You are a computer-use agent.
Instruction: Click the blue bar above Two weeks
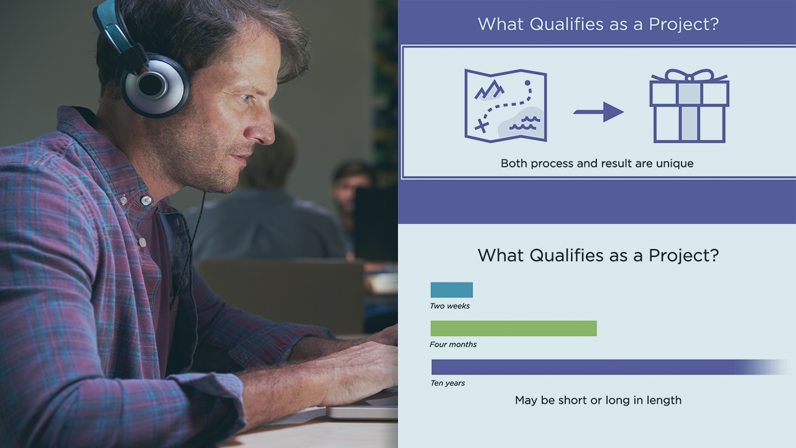pyautogui.click(x=451, y=290)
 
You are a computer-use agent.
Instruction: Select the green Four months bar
pyautogui.click(x=514, y=328)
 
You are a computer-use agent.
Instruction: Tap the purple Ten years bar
pyautogui.click(x=608, y=367)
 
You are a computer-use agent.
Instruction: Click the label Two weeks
pyautogui.click(x=450, y=306)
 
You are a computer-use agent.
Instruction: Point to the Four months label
pyautogui.click(x=453, y=345)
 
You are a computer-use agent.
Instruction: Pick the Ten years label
pyautogui.click(x=448, y=383)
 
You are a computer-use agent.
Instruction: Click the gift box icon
pyautogui.click(x=690, y=106)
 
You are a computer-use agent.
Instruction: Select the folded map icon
pyautogui.click(x=506, y=106)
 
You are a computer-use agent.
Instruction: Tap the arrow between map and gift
pyautogui.click(x=598, y=112)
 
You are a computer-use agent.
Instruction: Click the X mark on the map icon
pyautogui.click(x=481, y=126)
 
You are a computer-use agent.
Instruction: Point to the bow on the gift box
pyautogui.click(x=690, y=75)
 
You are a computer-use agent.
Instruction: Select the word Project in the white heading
pyautogui.click(x=683, y=256)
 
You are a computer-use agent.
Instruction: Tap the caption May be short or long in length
pyautogui.click(x=598, y=400)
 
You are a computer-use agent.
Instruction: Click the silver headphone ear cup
pyautogui.click(x=155, y=85)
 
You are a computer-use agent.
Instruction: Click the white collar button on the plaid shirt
pyautogui.click(x=146, y=200)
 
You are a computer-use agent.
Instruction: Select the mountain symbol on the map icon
pyautogui.click(x=489, y=90)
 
